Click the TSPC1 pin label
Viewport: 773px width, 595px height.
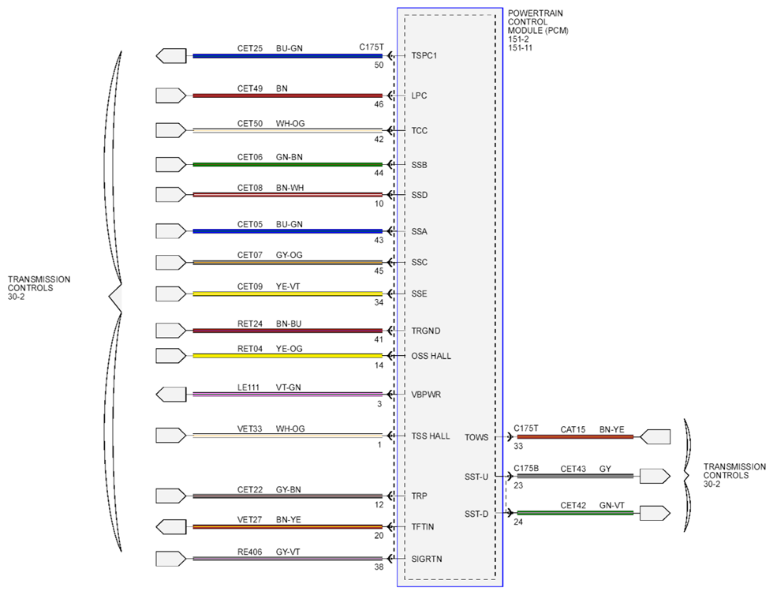click(x=424, y=56)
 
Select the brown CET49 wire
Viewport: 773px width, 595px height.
click(x=287, y=95)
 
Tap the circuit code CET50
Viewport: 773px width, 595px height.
click(x=250, y=123)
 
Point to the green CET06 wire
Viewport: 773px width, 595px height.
click(x=287, y=164)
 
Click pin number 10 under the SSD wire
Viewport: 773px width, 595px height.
click(x=379, y=204)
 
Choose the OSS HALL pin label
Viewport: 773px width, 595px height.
click(x=431, y=356)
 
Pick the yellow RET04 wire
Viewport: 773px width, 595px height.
click(x=287, y=356)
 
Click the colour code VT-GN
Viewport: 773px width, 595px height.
click(x=289, y=387)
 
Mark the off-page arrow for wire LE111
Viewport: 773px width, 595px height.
click(x=171, y=395)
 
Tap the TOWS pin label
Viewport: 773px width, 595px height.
click(x=476, y=438)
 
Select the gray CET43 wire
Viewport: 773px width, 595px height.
click(x=575, y=476)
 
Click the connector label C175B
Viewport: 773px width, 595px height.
click(x=526, y=469)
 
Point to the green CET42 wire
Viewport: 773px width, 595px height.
click(x=575, y=513)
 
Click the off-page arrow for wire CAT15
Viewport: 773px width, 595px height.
click(x=655, y=436)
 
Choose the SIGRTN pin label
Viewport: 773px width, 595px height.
click(x=427, y=559)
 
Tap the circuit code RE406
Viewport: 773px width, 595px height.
click(x=250, y=552)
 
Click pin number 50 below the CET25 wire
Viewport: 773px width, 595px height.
click(x=379, y=65)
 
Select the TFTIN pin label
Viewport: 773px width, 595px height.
click(x=423, y=527)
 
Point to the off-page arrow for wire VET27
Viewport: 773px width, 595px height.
click(x=171, y=527)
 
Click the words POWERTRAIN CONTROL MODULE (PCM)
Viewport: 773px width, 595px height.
click(x=538, y=22)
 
